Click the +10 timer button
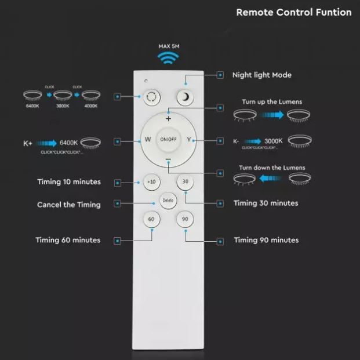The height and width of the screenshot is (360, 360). [x=151, y=181]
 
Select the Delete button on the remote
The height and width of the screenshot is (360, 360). [x=168, y=200]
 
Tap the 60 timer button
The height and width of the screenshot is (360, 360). [x=151, y=219]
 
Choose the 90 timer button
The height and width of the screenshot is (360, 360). [x=185, y=219]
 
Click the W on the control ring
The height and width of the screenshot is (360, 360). [x=148, y=140]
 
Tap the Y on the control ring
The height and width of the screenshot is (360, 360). [x=189, y=140]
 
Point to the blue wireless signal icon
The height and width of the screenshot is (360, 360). [x=169, y=58]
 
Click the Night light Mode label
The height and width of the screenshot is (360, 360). [x=261, y=75]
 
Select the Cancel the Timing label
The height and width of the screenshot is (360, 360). [x=69, y=205]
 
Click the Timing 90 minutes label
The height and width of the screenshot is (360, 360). [x=266, y=240]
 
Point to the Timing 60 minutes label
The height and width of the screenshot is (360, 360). [x=68, y=240]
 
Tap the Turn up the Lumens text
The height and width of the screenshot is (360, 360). [x=271, y=101]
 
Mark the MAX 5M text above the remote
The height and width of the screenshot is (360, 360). [x=169, y=45]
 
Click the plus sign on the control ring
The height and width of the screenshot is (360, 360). [x=168, y=118]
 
